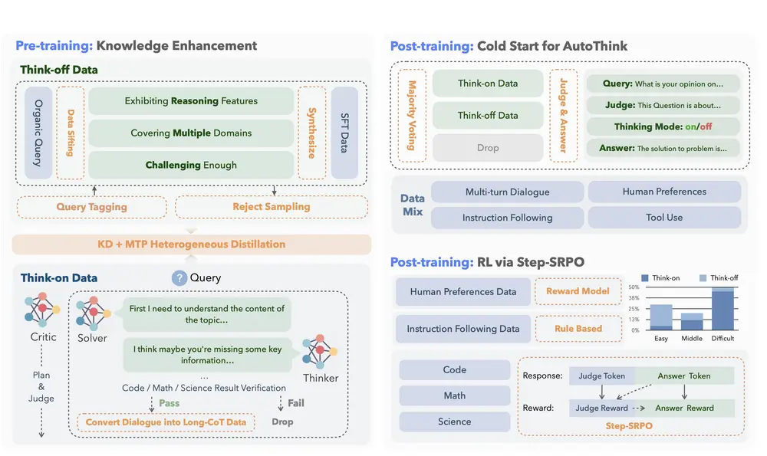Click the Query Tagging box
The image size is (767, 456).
coord(91,207)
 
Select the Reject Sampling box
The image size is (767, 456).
coord(271,207)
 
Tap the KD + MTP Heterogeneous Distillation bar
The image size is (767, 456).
coord(192,244)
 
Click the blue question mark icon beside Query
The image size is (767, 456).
coord(179,277)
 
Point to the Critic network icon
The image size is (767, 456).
coord(43,310)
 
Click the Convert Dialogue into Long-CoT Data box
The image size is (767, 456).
coord(166,422)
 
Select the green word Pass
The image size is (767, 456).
coord(169,402)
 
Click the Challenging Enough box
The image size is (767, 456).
coord(191,165)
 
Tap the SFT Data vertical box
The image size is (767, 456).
coord(344,133)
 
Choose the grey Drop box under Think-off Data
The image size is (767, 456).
coord(488,148)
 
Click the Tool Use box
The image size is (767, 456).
coord(664,218)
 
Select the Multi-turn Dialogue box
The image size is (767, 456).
coord(507,192)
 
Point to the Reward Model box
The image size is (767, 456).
coord(578,291)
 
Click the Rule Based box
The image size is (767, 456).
coord(578,329)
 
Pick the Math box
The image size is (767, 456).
coord(454,395)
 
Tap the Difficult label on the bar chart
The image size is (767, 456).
coord(723,338)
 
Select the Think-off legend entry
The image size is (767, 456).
coord(719,277)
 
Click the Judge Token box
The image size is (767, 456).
coord(602,376)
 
